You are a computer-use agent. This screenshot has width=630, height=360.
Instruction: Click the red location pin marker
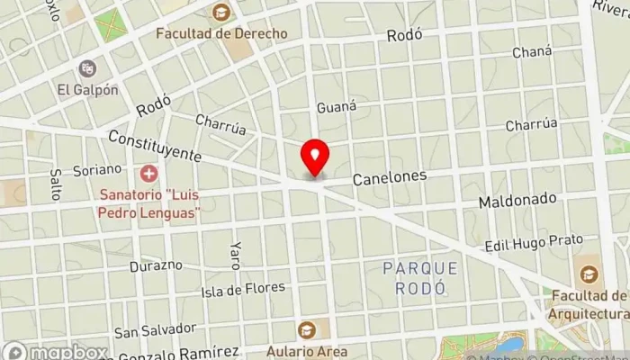point(315,158)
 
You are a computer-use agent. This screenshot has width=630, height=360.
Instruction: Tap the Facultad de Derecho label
point(221,33)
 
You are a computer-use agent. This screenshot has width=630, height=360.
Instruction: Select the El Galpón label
point(87,89)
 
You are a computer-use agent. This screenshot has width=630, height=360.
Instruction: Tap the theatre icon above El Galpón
point(87,68)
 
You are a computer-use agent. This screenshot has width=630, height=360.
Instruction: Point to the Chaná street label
point(531,52)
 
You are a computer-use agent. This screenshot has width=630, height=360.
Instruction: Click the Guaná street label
point(337,106)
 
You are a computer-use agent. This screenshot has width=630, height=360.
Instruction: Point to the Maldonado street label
point(517,198)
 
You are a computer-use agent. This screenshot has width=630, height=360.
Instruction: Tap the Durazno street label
point(156,266)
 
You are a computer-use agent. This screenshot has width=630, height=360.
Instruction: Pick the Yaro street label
point(235,256)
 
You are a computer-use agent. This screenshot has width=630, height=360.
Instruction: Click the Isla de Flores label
point(243,289)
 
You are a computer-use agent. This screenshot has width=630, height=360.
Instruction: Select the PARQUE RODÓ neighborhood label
point(419,278)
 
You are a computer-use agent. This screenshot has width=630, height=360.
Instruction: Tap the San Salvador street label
point(155,328)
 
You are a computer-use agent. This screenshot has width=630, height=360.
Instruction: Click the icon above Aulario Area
point(308,330)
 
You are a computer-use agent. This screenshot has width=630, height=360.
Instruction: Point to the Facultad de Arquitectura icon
point(589,273)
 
